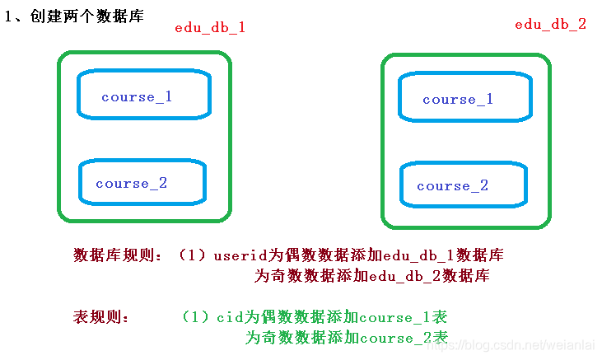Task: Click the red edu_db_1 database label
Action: (x=210, y=27)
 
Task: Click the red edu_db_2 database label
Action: (x=550, y=25)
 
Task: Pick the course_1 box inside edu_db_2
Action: (x=458, y=100)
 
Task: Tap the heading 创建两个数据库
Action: (x=90, y=16)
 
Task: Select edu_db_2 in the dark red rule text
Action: (x=404, y=276)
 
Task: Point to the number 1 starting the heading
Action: (x=8, y=16)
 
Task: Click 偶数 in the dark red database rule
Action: (x=290, y=255)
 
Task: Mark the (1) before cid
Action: (x=198, y=317)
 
